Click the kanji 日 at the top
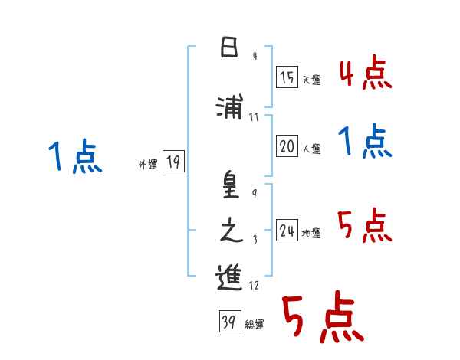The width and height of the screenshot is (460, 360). tap(229, 49)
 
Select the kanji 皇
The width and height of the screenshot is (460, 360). tap(229, 187)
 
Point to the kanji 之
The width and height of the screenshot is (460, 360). tap(229, 232)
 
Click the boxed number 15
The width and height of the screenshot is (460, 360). tap(287, 77)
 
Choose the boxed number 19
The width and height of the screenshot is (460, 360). tap(173, 162)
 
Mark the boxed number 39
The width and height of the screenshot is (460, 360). tap(229, 322)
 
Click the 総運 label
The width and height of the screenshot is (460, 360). tap(255, 325)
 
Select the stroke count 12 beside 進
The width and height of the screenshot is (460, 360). tap(254, 286)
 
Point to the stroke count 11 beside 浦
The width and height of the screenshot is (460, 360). tap(254, 117)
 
